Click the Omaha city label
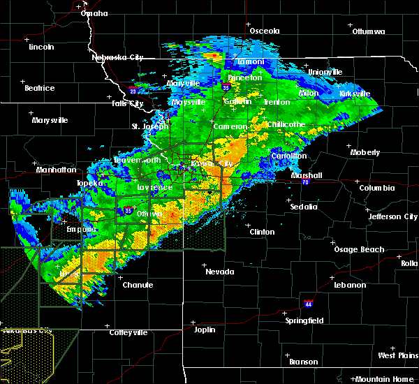(x=94, y=13)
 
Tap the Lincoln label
(x=41, y=47)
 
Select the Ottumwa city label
(x=369, y=31)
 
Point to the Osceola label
(x=265, y=31)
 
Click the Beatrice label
(x=39, y=88)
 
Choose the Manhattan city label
(x=57, y=170)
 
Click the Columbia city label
(x=378, y=188)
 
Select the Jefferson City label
(x=393, y=216)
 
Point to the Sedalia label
(x=304, y=207)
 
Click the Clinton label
(x=263, y=232)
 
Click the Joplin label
(x=205, y=330)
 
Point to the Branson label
(x=304, y=362)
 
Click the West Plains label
(x=397, y=356)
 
